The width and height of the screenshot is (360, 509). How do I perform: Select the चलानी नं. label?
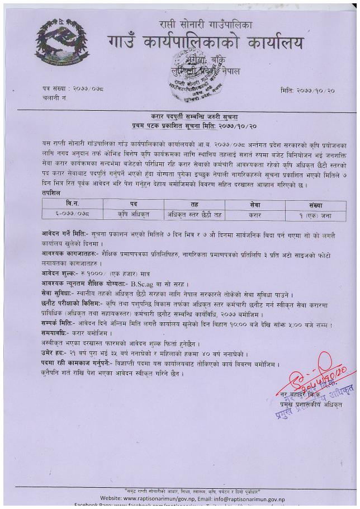(54, 97)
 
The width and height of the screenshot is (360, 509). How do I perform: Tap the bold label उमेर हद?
(54, 354)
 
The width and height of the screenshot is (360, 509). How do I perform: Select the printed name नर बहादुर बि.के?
(302, 397)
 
